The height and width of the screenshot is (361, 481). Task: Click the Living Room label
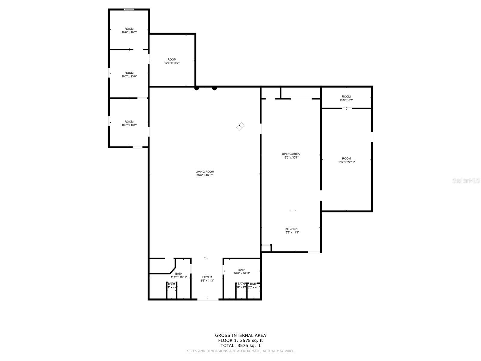205,172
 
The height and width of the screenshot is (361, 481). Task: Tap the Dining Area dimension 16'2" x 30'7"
291,157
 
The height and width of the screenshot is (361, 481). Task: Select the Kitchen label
291,229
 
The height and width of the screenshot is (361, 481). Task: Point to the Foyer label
207,277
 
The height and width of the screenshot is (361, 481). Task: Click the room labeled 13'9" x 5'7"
346,98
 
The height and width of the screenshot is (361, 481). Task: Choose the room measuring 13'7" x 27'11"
346,160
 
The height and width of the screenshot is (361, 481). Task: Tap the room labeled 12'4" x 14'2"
172,61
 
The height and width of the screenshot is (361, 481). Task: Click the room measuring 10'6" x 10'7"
129,30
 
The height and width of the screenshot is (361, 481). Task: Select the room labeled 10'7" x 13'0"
129,75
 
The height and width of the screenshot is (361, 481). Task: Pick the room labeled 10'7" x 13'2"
129,123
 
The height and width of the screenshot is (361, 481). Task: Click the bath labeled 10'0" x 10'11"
242,272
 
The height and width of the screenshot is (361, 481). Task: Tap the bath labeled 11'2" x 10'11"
179,276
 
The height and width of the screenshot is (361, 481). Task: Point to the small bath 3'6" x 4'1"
254,285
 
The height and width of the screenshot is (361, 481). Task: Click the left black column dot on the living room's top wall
197,88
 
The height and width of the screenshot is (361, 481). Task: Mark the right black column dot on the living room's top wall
214,88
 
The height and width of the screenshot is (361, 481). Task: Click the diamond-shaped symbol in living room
240,126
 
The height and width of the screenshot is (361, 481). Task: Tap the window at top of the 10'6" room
129,10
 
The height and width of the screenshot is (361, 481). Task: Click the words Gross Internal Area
240,335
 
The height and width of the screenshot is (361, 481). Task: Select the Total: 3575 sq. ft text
240,346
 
